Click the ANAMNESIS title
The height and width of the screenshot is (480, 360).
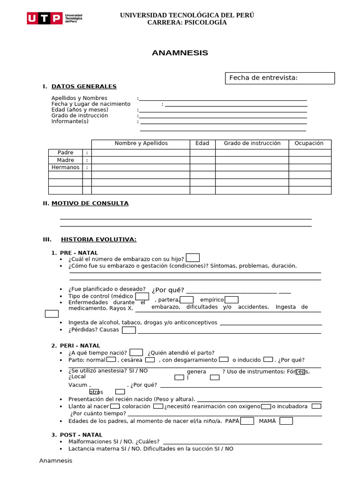pyautogui.click(x=180, y=53)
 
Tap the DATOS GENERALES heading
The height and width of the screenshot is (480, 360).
pyautogui.click(x=84, y=86)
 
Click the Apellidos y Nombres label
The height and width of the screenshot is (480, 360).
pyautogui.click(x=79, y=98)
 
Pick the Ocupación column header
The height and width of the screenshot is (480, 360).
pyautogui.click(x=309, y=143)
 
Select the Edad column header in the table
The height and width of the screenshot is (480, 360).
pyautogui.click(x=202, y=143)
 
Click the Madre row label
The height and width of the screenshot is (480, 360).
pyautogui.click(x=66, y=160)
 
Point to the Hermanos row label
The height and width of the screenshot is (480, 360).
pyautogui.click(x=66, y=167)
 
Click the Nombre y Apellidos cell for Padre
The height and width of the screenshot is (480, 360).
pyautogui.click(x=141, y=153)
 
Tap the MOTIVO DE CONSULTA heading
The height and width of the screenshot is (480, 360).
pyautogui.click(x=90, y=203)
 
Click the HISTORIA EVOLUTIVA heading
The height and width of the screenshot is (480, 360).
pyautogui.click(x=98, y=240)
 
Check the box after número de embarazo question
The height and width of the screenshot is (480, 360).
pyautogui.click(x=193, y=258)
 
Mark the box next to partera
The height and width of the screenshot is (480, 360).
pyautogui.click(x=187, y=300)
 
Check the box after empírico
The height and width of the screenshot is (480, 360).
pyautogui.click(x=232, y=300)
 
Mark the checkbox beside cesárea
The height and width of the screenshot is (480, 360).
pyautogui.click(x=150, y=360)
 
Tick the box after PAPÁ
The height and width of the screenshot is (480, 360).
pyautogui.click(x=247, y=421)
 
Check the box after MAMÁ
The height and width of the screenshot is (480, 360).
pyautogui.click(x=286, y=421)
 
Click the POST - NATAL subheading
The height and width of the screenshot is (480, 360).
pyautogui.click(x=80, y=435)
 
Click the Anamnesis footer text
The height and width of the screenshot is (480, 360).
pyautogui.click(x=56, y=461)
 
